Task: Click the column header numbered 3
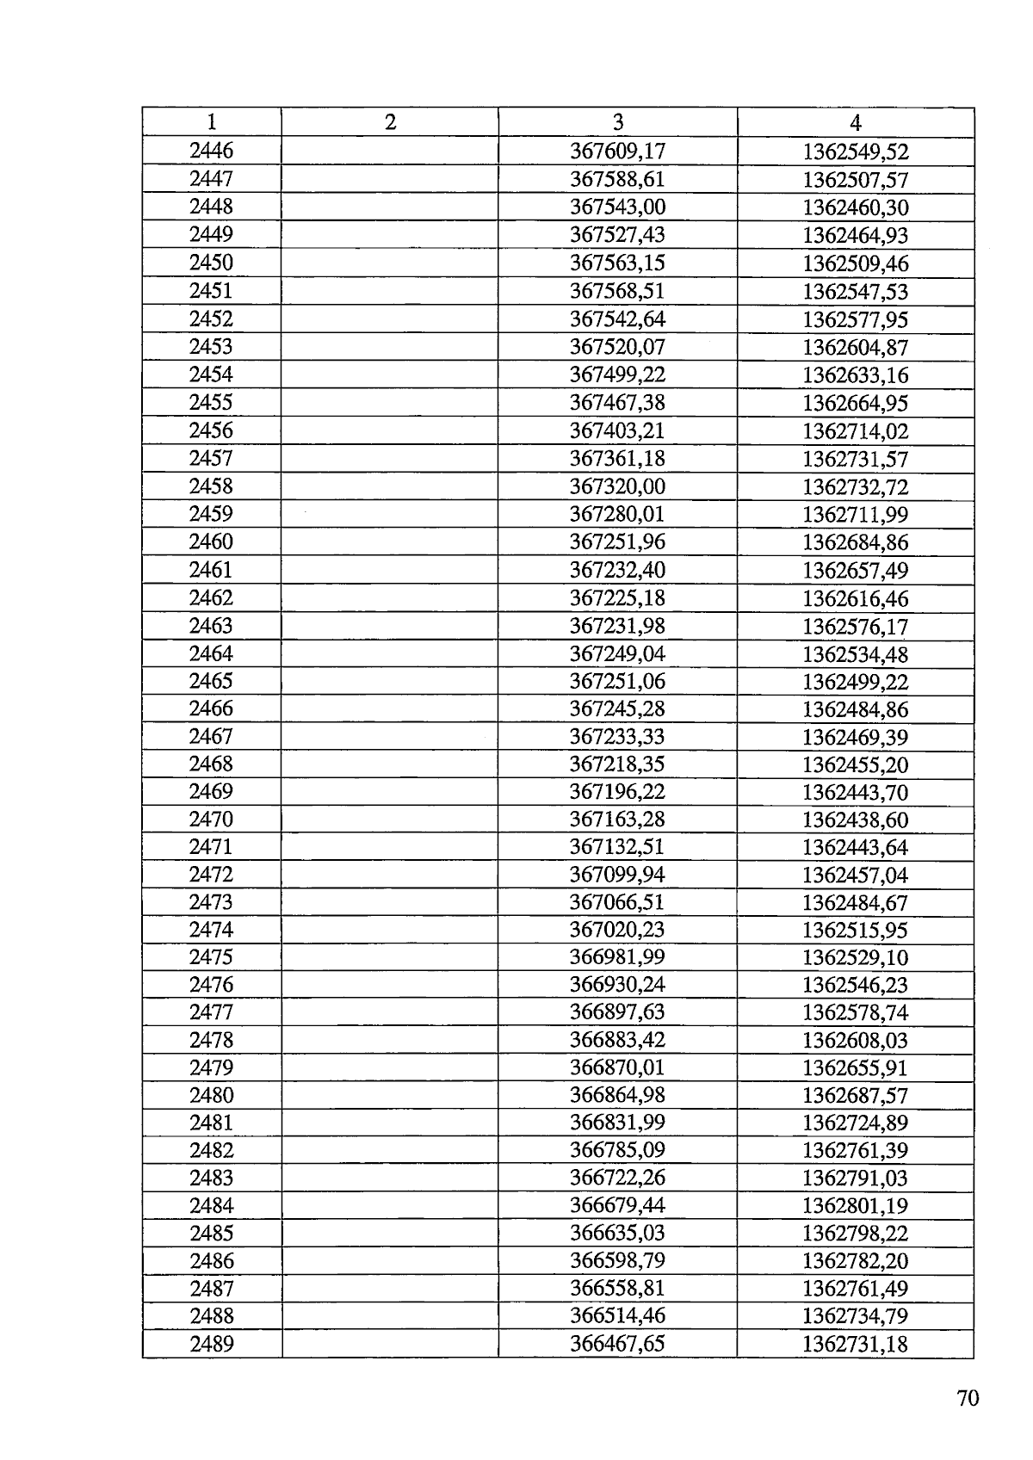(x=618, y=122)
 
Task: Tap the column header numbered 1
(x=211, y=122)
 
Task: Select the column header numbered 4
(x=855, y=122)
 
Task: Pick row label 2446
(x=211, y=151)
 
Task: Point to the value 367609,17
(x=618, y=152)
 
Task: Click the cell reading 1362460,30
(x=856, y=207)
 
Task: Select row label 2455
(x=211, y=402)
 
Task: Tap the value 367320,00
(x=618, y=486)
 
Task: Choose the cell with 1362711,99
(x=856, y=515)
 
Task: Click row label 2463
(x=211, y=626)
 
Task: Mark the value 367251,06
(x=618, y=681)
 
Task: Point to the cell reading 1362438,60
(x=856, y=820)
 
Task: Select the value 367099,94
(x=618, y=875)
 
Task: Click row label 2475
(x=211, y=957)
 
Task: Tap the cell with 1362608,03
(x=856, y=1040)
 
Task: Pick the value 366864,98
(x=618, y=1095)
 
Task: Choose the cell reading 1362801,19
(x=856, y=1205)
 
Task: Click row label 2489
(x=211, y=1344)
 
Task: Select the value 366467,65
(x=618, y=1344)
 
